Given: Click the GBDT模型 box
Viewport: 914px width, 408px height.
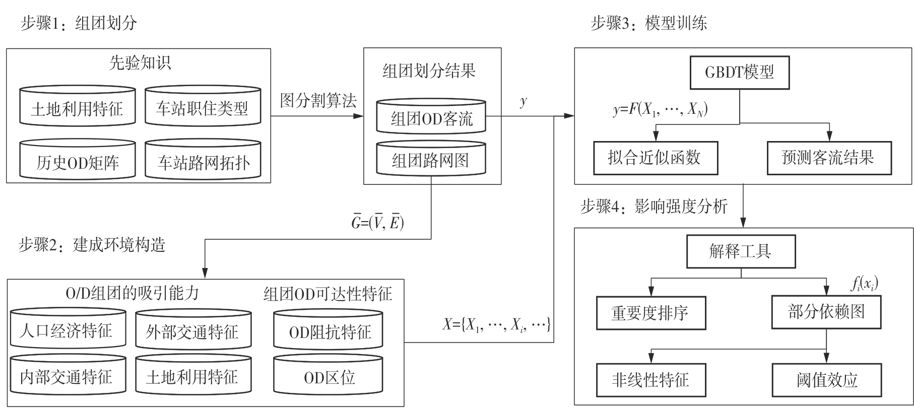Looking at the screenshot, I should click(x=740, y=74).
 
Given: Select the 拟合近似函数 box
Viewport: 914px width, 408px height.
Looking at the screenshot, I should click(x=655, y=158).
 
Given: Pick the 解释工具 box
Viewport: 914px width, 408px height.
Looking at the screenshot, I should click(x=740, y=252).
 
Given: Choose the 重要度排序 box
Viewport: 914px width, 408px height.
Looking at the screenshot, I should click(x=650, y=313).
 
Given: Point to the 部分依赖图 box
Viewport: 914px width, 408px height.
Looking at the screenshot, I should click(x=826, y=312).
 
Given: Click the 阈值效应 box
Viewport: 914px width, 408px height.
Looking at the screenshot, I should click(x=827, y=379).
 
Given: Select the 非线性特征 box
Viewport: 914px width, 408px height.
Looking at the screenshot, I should click(x=650, y=379).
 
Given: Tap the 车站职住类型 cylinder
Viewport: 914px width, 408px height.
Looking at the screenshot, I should click(x=203, y=107).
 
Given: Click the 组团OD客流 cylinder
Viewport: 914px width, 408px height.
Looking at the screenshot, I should click(x=431, y=118).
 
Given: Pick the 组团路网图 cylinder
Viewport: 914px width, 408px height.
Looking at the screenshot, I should click(x=431, y=160).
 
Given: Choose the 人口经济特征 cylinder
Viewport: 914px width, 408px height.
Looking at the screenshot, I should click(x=68, y=330).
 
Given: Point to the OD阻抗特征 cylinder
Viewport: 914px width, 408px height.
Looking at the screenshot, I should click(x=329, y=331).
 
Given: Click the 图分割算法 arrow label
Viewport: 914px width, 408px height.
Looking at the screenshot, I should click(x=318, y=101).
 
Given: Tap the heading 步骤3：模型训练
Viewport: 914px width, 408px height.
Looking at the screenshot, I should click(x=648, y=24).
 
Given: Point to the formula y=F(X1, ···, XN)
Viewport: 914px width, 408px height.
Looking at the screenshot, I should click(x=660, y=110).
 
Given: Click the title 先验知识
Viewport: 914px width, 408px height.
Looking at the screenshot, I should click(x=140, y=62).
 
